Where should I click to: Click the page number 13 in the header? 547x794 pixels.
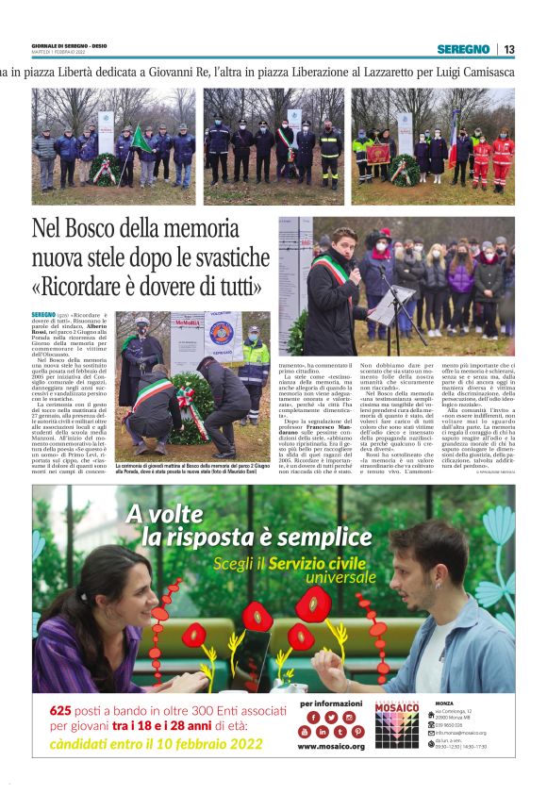click(x=509, y=49)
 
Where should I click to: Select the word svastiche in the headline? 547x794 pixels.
click(x=223, y=256)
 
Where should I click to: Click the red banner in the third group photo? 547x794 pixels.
click(x=379, y=152)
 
